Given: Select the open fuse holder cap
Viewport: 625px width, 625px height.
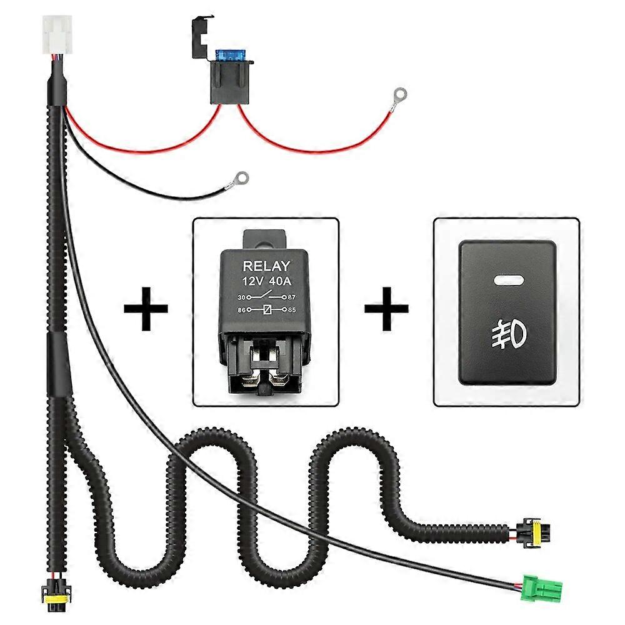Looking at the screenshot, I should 202,35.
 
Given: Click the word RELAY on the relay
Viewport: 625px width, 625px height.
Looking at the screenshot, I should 266,266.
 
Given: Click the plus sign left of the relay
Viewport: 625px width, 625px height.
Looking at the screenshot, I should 146,308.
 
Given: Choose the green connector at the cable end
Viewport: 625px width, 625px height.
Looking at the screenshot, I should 542,587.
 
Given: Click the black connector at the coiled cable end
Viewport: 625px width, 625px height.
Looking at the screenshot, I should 529,530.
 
